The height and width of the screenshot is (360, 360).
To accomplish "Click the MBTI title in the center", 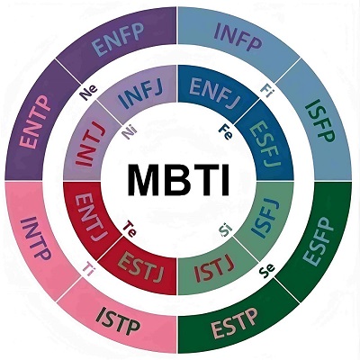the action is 179,180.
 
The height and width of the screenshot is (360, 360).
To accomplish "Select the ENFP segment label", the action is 118,40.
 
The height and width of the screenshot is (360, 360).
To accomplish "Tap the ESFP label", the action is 319,241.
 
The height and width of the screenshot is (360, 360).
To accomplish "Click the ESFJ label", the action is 266,144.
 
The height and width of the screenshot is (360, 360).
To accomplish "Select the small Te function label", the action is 130,229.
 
